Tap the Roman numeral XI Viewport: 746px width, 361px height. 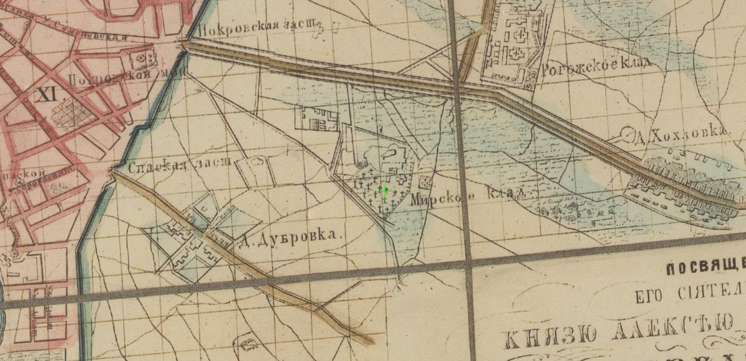pyautogui.click(x=45, y=95)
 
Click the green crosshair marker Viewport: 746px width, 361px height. pyautogui.click(x=385, y=191)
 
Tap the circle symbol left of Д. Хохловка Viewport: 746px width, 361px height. pyautogui.click(x=627, y=133)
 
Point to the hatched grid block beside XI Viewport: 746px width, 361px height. pyautogui.click(x=70, y=114)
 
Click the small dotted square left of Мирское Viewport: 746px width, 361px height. pyautogui.click(x=426, y=182)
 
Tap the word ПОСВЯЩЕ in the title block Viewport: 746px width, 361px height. pyautogui.click(x=705, y=270)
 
